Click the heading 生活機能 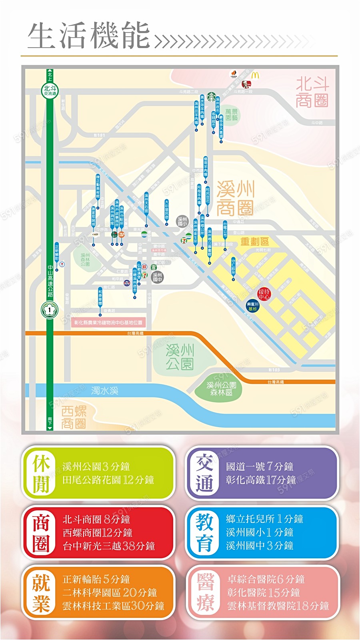[x=89, y=36]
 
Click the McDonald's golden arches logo [x=255, y=75]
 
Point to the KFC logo [x=248, y=84]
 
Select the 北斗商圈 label [x=312, y=92]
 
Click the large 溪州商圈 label [x=235, y=198]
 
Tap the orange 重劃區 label [x=254, y=241]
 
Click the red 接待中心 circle [x=264, y=294]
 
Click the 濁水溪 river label [x=104, y=390]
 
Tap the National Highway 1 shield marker [x=50, y=309]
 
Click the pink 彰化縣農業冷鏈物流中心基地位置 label [x=108, y=322]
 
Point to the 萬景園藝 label [x=231, y=114]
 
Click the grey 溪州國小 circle [x=182, y=221]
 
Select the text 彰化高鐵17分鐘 [x=260, y=479]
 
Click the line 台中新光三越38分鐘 [x=108, y=546]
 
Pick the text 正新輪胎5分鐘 [x=96, y=579]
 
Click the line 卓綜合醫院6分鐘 [x=266, y=579]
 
